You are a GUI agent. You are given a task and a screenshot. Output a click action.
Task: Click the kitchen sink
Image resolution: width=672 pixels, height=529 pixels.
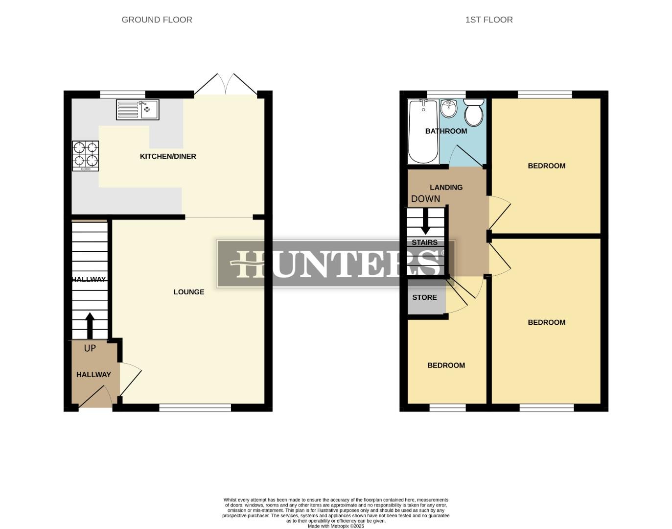point(138,110)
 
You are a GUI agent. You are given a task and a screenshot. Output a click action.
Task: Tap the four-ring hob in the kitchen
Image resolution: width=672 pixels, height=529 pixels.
point(86,156)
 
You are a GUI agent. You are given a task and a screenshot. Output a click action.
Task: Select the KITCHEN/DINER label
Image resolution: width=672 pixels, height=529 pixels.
point(168,156)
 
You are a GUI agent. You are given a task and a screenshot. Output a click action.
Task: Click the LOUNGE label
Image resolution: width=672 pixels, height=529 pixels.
point(189,292)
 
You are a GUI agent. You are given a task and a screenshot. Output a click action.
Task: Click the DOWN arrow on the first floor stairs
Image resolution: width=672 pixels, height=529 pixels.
point(425,221)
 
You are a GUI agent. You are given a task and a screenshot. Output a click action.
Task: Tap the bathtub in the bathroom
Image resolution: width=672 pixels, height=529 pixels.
point(423,131)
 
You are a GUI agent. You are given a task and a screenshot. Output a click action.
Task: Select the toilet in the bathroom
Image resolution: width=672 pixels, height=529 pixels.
point(474,113)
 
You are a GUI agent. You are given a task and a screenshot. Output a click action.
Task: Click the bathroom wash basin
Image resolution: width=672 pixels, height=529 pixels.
point(448,107)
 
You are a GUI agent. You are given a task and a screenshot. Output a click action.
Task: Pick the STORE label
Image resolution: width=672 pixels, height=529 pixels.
point(424,297)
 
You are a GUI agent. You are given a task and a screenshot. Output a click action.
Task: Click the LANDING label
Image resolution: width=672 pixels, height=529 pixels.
point(446,187)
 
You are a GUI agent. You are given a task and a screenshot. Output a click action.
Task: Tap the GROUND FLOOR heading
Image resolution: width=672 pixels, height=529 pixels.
point(157,20)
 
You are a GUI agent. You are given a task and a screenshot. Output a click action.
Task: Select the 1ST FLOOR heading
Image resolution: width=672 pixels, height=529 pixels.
point(489,20)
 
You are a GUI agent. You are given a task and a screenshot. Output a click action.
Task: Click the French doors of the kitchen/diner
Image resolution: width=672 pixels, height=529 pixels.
point(225,85)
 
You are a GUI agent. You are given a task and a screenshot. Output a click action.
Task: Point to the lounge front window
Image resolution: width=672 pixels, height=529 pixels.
point(195,407)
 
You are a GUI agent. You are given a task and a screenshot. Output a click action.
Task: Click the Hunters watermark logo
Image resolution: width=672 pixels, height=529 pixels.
point(336,264)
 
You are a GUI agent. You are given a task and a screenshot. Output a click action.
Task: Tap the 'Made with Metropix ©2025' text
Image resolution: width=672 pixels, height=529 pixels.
point(336,526)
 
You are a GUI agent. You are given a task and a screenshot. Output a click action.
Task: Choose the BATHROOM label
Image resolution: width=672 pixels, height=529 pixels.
point(446,131)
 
